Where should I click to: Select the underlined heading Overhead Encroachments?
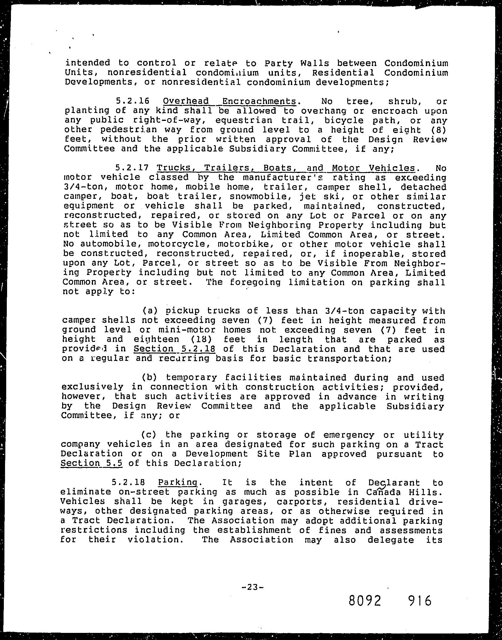(x=229, y=102)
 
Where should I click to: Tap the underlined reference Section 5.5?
(x=91, y=463)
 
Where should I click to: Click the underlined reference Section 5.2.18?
(x=174, y=349)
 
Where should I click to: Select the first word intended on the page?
(x=88, y=63)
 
